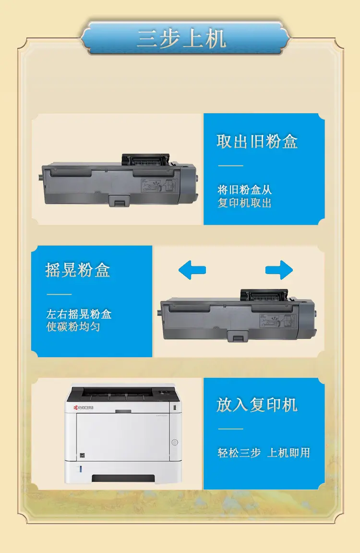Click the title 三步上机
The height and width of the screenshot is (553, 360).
(181, 38)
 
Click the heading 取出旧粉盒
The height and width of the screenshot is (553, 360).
(257, 142)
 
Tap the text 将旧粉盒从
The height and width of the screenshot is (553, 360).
(244, 190)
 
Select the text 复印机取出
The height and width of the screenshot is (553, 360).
(244, 203)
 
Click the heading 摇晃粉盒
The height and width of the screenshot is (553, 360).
(78, 270)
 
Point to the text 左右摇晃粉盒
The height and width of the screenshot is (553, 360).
(79, 314)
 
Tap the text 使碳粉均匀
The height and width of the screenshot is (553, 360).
(73, 326)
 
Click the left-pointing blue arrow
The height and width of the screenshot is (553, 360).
(192, 270)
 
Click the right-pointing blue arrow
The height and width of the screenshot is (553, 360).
(279, 270)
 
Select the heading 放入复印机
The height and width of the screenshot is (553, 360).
(257, 405)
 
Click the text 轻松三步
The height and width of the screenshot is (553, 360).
(239, 453)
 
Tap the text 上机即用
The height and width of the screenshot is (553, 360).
(288, 453)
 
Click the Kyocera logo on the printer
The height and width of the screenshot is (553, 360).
(84, 408)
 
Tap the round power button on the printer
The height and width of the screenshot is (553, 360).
(175, 442)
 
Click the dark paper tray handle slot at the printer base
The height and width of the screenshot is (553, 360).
(123, 479)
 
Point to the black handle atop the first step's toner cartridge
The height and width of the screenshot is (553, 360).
(145, 160)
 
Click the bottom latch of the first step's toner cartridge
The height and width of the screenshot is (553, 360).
(119, 200)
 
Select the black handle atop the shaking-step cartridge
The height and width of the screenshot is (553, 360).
(264, 296)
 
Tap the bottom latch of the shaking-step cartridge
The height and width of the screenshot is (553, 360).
(238, 336)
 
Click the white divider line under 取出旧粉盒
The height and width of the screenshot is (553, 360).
(230, 166)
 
